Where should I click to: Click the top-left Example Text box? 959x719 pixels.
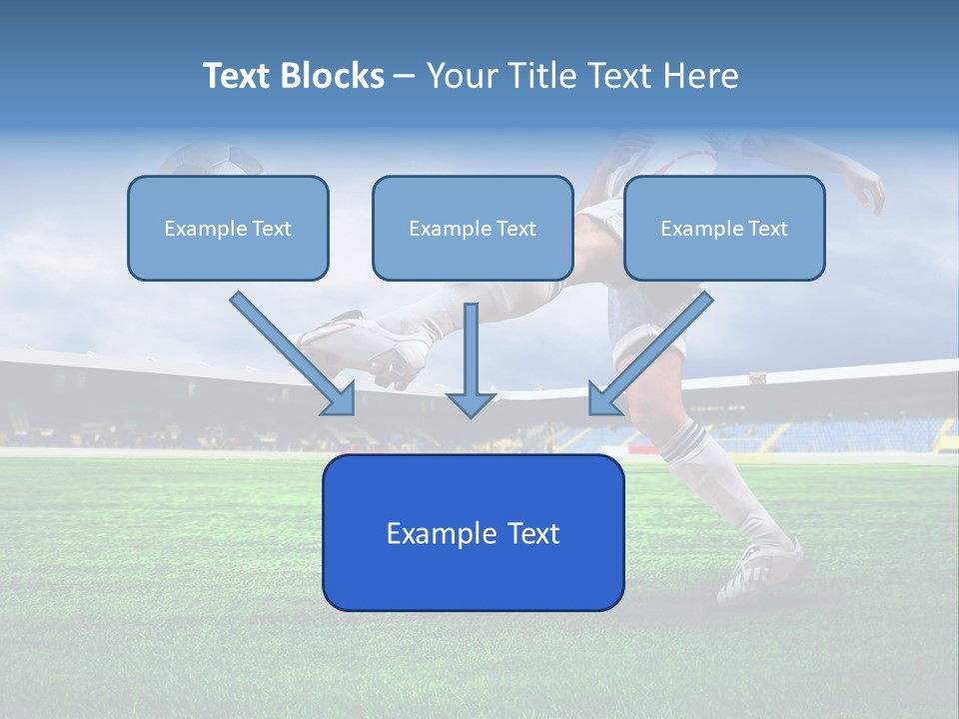(x=228, y=228)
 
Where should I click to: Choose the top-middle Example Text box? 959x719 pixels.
(x=473, y=228)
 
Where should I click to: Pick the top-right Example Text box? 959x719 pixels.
(x=724, y=228)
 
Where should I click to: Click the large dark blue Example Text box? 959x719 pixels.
(x=473, y=532)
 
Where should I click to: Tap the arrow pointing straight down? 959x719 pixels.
(x=471, y=359)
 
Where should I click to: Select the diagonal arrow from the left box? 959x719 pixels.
(x=293, y=354)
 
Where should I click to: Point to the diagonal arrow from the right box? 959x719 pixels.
(x=650, y=354)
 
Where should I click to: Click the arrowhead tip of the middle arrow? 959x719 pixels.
(x=471, y=413)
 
